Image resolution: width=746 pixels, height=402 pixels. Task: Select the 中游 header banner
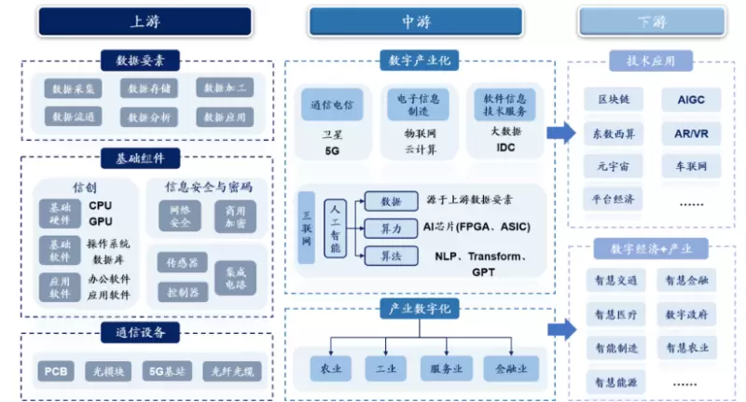(x=420, y=21)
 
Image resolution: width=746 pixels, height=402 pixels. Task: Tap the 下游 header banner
(x=652, y=21)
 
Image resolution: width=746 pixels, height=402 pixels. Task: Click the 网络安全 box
(x=180, y=215)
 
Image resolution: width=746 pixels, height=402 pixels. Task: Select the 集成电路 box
(x=234, y=277)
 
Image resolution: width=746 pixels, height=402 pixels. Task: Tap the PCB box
(x=55, y=371)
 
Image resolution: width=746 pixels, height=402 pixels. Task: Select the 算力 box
(x=391, y=229)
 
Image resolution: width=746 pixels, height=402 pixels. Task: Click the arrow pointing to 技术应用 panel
(x=560, y=132)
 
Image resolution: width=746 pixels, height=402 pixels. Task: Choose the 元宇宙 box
(x=615, y=166)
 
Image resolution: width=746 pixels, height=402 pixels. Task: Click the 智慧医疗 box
(x=615, y=313)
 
